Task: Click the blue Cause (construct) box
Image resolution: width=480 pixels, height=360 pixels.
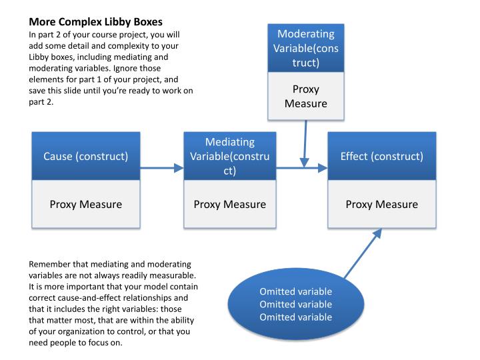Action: pos(86,157)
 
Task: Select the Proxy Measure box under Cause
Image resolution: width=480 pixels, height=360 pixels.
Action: pos(86,204)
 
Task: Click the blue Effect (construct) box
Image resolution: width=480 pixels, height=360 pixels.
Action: pos(381,157)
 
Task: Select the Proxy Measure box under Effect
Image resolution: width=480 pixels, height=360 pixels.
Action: pos(381,204)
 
